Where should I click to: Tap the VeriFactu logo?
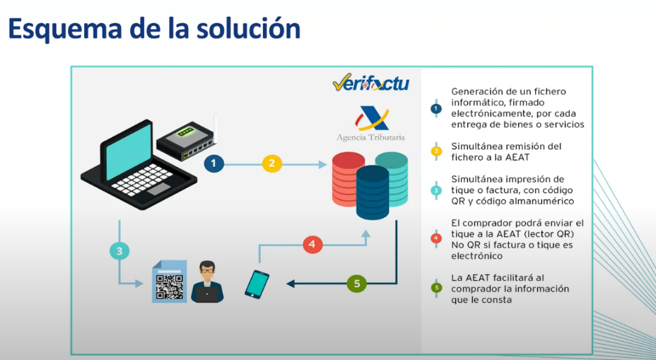(x=370, y=84)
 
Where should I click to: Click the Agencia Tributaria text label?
(x=370, y=137)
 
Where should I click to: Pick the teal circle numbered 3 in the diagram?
(x=120, y=250)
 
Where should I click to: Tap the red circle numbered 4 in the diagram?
(x=312, y=245)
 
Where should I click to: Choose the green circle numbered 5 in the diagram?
(x=357, y=284)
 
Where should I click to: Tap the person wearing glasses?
(x=207, y=281)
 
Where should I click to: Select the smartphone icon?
(x=257, y=284)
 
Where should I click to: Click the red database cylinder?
(x=348, y=180)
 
